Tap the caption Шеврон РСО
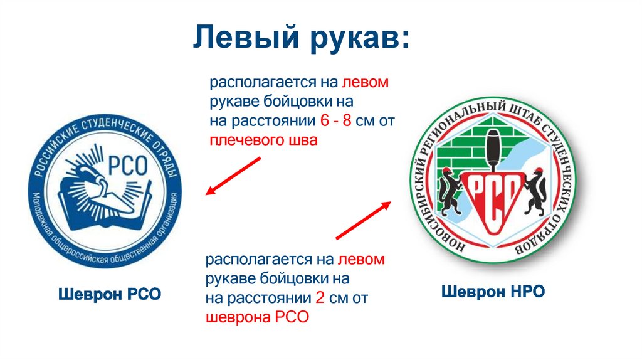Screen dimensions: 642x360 (x=110, y=294)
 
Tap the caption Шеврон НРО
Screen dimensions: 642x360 (x=493, y=292)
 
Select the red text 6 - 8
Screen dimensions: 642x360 (x=336, y=121)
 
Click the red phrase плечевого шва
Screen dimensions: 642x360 (x=263, y=140)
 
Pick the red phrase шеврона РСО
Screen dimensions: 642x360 (x=257, y=317)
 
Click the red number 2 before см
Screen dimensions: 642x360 (x=320, y=298)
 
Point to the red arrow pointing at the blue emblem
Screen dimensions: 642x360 (x=233, y=176)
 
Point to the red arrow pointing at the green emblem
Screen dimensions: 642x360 (x=364, y=220)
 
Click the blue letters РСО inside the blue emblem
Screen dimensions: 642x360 (x=127, y=165)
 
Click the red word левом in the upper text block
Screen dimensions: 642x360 (x=366, y=82)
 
